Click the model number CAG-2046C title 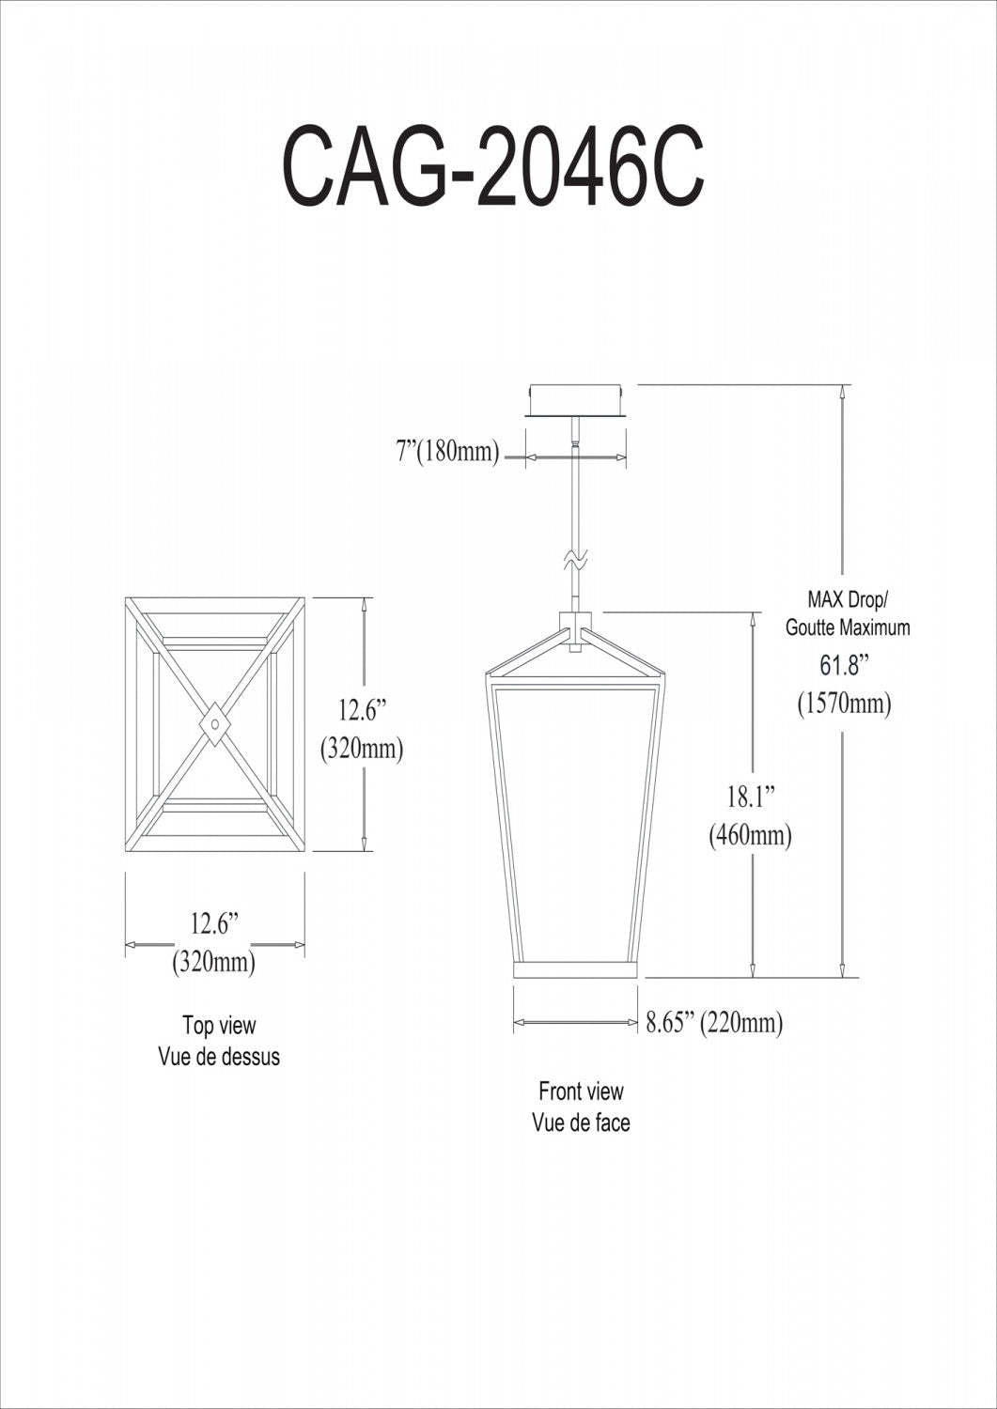[x=493, y=170]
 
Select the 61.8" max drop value [x=843, y=665]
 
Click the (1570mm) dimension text [x=844, y=703]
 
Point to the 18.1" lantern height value [x=749, y=797]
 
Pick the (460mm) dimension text [x=750, y=834]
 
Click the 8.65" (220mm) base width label [x=714, y=1022]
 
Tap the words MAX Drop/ [x=847, y=598]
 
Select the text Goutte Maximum [x=848, y=627]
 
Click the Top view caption [x=219, y=1025]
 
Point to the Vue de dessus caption [x=219, y=1056]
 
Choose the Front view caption [x=581, y=1091]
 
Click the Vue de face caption [x=581, y=1122]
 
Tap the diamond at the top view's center [x=216, y=724]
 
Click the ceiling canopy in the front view [x=576, y=398]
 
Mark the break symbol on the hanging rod [x=575, y=560]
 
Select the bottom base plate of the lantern [x=576, y=969]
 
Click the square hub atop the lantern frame [x=576, y=622]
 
